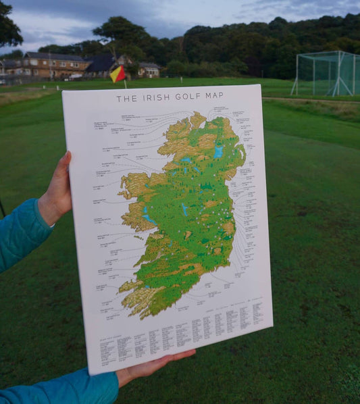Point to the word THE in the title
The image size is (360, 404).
(126, 99)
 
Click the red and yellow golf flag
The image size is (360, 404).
(118, 74)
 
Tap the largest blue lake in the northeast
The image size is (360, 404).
(217, 153)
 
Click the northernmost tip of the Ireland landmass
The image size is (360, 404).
(197, 114)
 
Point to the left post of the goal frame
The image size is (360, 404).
(296, 74)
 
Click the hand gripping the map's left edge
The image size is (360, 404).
(58, 192)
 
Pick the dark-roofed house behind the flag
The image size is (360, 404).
(101, 65)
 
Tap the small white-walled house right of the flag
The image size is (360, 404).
(149, 70)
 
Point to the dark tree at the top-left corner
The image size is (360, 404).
(8, 27)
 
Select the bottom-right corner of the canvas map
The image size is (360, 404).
(272, 325)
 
